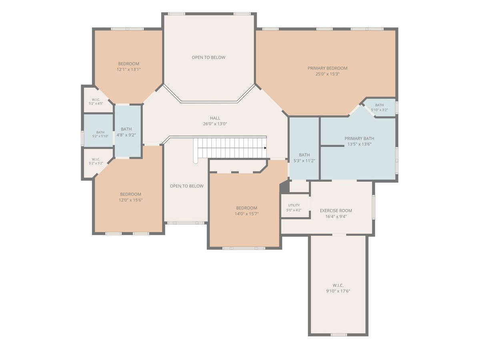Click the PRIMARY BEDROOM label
tap(327, 68)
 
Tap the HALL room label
tap(215, 118)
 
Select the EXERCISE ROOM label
tap(336, 211)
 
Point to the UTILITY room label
tap(294, 205)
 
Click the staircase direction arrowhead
tap(265, 148)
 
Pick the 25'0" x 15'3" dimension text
tap(327, 74)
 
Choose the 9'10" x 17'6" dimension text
tap(338, 291)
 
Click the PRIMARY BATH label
tap(359, 138)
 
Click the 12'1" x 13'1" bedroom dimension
tap(128, 70)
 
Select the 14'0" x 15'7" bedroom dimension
tap(247, 214)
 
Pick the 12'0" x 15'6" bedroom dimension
tap(131, 200)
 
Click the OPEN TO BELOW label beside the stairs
tap(187, 186)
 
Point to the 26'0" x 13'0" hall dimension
tap(215, 124)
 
